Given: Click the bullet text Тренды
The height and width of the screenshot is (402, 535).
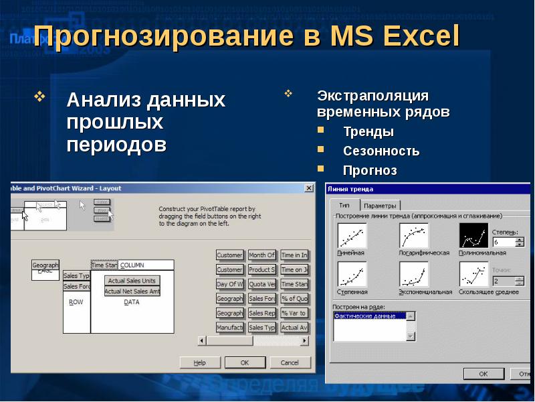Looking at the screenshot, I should [x=368, y=132].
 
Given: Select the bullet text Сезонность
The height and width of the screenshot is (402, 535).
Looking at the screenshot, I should [x=381, y=151].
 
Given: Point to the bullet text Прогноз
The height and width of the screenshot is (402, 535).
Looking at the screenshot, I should [x=370, y=171].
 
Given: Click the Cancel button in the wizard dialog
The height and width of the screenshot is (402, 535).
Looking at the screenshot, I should [x=290, y=362].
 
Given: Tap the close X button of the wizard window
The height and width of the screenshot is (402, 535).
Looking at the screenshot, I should [x=309, y=189].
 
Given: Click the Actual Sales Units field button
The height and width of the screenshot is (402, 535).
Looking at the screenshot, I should [x=132, y=281].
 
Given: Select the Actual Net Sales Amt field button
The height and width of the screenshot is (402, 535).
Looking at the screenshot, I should [x=132, y=291].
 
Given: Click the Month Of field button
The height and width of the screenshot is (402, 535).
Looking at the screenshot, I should [x=261, y=255].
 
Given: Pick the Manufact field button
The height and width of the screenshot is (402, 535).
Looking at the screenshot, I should [x=229, y=328].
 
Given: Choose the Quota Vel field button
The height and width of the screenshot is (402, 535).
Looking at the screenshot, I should [x=261, y=284].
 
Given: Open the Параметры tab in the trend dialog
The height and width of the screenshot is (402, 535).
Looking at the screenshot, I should [x=381, y=206].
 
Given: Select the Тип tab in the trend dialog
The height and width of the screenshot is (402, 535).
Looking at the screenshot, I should [x=344, y=205].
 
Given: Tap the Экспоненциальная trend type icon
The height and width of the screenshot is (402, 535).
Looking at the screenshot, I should [x=414, y=274].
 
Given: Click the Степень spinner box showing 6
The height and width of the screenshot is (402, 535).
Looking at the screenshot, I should [x=504, y=242].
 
